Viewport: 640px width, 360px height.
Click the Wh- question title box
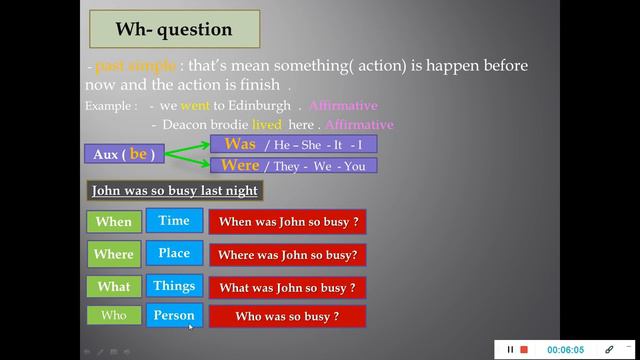pos(174,30)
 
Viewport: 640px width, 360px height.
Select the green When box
pos(114,222)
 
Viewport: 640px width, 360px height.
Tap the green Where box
pos(114,254)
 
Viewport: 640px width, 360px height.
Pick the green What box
pos(114,287)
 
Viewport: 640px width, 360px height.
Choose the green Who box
pos(114,316)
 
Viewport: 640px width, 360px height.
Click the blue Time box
pos(174,221)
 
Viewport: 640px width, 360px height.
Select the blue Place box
pos(174,253)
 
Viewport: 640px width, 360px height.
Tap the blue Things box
pos(174,286)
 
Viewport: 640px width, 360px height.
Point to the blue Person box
pos(174,316)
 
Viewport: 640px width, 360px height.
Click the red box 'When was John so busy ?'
pos(287,222)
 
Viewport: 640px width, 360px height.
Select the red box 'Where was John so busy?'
pos(287,255)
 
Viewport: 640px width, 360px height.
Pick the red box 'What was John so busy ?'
pos(287,288)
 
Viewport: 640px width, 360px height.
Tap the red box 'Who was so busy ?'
pos(287,317)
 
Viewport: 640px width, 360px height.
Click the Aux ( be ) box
pos(124,154)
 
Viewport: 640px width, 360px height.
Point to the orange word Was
pos(240,145)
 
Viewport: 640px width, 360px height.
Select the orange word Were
pos(240,165)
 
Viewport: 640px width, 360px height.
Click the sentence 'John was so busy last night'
pos(175,190)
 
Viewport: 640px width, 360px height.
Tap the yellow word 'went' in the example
pos(195,105)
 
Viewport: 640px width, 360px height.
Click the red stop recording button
pos(523,349)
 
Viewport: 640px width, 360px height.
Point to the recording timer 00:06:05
pos(566,349)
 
